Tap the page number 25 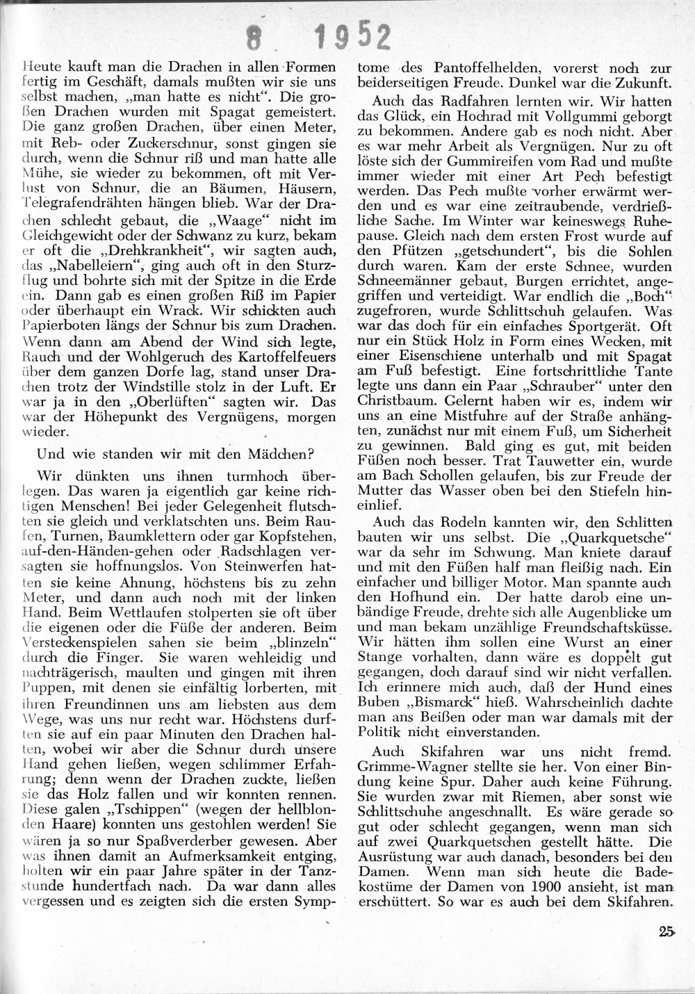click(x=669, y=933)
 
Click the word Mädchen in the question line click(x=278, y=456)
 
